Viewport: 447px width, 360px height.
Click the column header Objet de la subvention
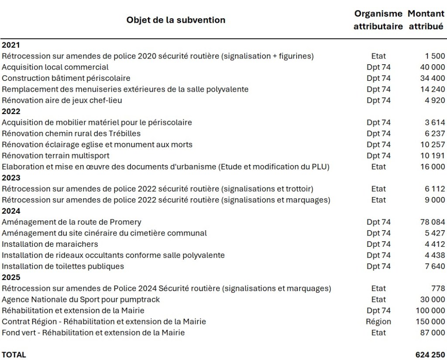(x=175, y=20)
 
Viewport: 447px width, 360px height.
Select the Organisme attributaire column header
(x=378, y=20)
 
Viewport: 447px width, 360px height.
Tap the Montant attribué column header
(x=426, y=20)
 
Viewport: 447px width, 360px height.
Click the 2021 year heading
(x=11, y=45)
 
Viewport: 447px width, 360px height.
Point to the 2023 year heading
(x=11, y=178)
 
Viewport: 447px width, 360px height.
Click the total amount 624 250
(x=430, y=355)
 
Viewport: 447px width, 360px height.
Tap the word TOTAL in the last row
(x=14, y=355)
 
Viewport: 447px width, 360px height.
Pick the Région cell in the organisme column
(x=378, y=322)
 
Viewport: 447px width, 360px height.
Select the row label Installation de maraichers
(x=50, y=244)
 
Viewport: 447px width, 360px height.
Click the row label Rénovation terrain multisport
(x=55, y=156)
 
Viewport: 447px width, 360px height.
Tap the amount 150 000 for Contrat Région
(x=430, y=322)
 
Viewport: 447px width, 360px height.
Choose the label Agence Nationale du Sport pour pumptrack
(x=81, y=300)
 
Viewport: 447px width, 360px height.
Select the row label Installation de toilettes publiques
(x=63, y=266)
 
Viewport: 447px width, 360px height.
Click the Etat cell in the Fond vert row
(x=378, y=333)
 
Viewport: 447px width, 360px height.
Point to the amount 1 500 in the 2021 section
(x=435, y=56)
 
